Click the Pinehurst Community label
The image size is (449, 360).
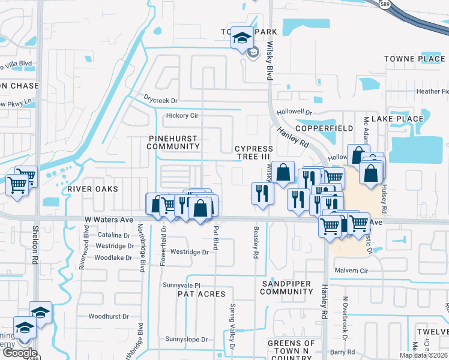173,142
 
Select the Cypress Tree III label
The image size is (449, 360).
253,152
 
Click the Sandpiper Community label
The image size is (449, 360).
287,287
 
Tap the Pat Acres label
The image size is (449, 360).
201,294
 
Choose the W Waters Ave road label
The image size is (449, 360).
109,220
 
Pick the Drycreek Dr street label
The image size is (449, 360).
161,100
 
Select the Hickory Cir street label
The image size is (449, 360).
182,115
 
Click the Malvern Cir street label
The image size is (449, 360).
351,271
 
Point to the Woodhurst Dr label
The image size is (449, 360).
109,316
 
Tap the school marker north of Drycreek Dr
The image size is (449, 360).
242,38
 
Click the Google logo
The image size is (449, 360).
19,353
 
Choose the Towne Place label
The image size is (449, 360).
414,59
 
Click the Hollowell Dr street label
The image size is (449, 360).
295,112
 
